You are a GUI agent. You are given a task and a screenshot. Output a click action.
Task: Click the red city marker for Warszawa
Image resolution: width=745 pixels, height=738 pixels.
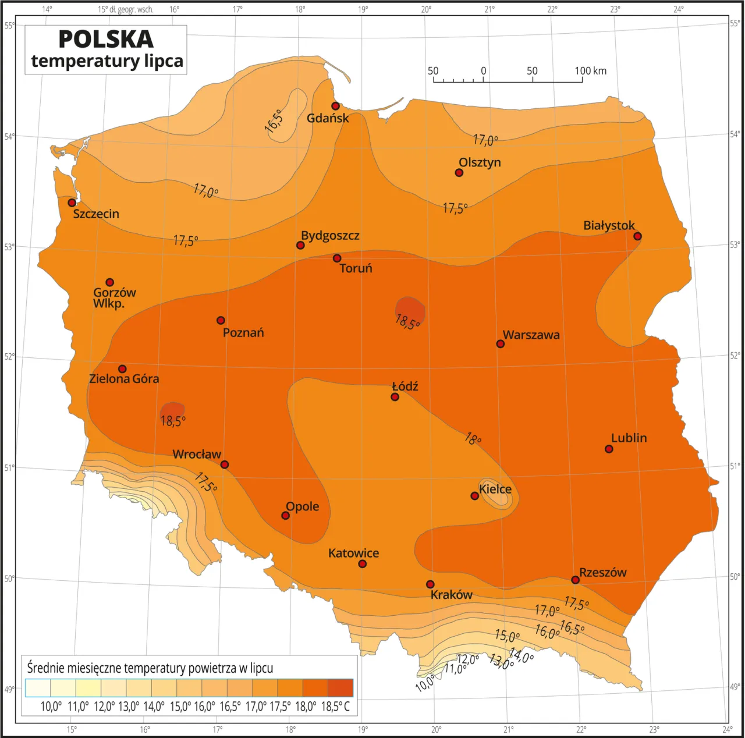pos(500,344)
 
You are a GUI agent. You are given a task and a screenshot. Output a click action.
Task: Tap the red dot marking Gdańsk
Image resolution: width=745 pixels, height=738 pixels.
pos(335,106)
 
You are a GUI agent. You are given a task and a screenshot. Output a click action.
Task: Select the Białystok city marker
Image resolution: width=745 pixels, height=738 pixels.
pos(637,236)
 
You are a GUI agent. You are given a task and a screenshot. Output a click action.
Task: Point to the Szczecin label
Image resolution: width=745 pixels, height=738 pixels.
pos(96,214)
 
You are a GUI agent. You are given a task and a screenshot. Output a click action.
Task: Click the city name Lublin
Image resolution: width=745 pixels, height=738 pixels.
pos(629,438)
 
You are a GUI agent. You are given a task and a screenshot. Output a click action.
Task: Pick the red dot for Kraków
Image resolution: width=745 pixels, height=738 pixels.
pos(430,584)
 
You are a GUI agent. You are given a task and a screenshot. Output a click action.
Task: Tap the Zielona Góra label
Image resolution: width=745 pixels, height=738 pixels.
pos(124,379)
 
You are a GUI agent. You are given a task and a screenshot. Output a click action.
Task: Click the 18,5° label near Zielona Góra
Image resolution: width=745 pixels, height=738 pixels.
pos(173,421)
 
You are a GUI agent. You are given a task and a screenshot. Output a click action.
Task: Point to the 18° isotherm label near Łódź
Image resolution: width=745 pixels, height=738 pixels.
pos(473,439)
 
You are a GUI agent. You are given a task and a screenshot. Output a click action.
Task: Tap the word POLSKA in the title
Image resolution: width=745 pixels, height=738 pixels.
pos(106,39)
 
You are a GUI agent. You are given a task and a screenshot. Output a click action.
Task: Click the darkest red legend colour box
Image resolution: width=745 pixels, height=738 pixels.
pos(340,688)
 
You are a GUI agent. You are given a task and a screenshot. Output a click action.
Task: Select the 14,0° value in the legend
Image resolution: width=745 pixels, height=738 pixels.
pos(154,707)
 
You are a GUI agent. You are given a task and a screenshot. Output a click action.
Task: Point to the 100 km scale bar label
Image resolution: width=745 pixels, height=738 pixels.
pos(590,71)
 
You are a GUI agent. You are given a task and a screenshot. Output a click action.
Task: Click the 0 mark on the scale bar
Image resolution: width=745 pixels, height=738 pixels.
pos(484,71)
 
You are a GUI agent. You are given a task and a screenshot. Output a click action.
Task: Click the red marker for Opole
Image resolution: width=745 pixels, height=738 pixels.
pos(285,516)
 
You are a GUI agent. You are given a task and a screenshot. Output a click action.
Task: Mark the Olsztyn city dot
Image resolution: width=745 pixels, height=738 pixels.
pos(459,173)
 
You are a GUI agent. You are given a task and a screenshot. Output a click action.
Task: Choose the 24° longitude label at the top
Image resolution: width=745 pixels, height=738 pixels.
pos(678,9)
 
